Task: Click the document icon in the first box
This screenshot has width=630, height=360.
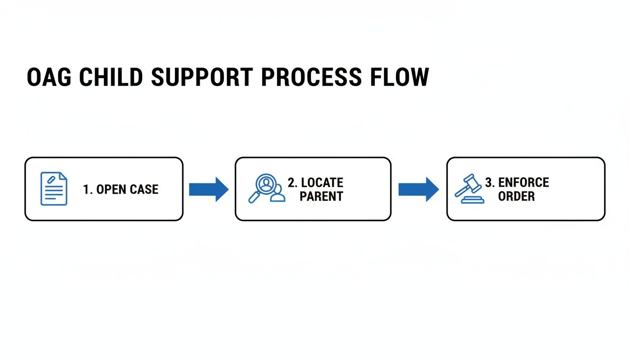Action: (x=54, y=188)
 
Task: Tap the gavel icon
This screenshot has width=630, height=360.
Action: (x=469, y=188)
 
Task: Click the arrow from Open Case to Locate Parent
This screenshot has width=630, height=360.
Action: (x=209, y=189)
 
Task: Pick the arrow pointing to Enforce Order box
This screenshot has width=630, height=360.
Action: (x=419, y=189)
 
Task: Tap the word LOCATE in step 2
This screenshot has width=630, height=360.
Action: (x=322, y=182)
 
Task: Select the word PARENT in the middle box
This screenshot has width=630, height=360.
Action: (x=322, y=196)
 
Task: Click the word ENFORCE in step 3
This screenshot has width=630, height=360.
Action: (x=524, y=182)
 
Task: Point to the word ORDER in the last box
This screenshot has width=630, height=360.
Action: (x=516, y=196)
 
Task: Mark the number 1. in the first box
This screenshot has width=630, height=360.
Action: (x=88, y=189)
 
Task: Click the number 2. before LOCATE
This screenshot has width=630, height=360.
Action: (x=292, y=182)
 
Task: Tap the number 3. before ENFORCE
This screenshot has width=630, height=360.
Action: (x=490, y=182)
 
